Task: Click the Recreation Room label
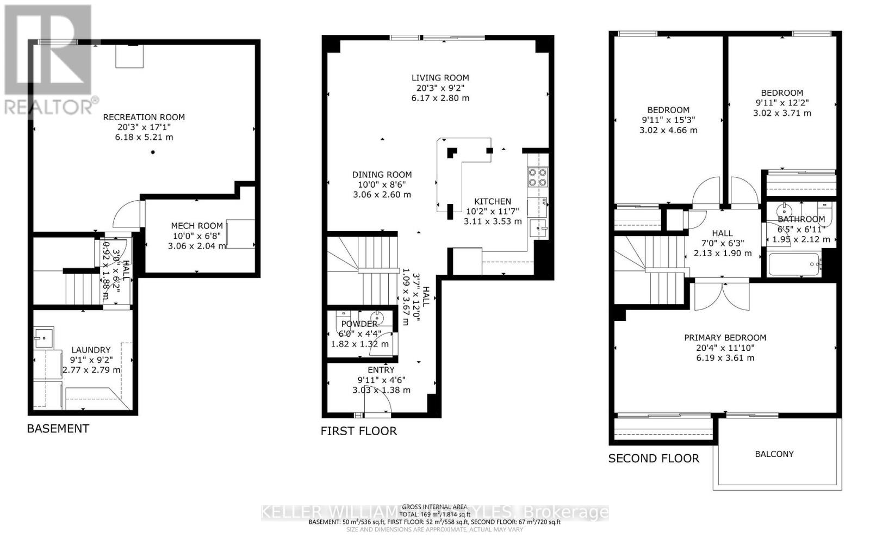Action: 144,117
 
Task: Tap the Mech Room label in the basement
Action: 197,226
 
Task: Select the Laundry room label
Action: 91,350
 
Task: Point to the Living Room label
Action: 440,78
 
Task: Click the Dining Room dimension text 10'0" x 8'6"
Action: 382,185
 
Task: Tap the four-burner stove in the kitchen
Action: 537,176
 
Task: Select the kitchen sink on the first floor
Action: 538,228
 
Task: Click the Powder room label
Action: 359,324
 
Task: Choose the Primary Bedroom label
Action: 725,338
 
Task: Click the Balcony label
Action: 774,454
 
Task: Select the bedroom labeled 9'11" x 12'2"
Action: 781,93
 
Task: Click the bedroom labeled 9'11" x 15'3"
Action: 668,110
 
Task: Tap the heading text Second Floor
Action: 654,459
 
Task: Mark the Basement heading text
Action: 58,429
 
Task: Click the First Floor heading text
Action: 358,431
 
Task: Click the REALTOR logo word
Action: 49,107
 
